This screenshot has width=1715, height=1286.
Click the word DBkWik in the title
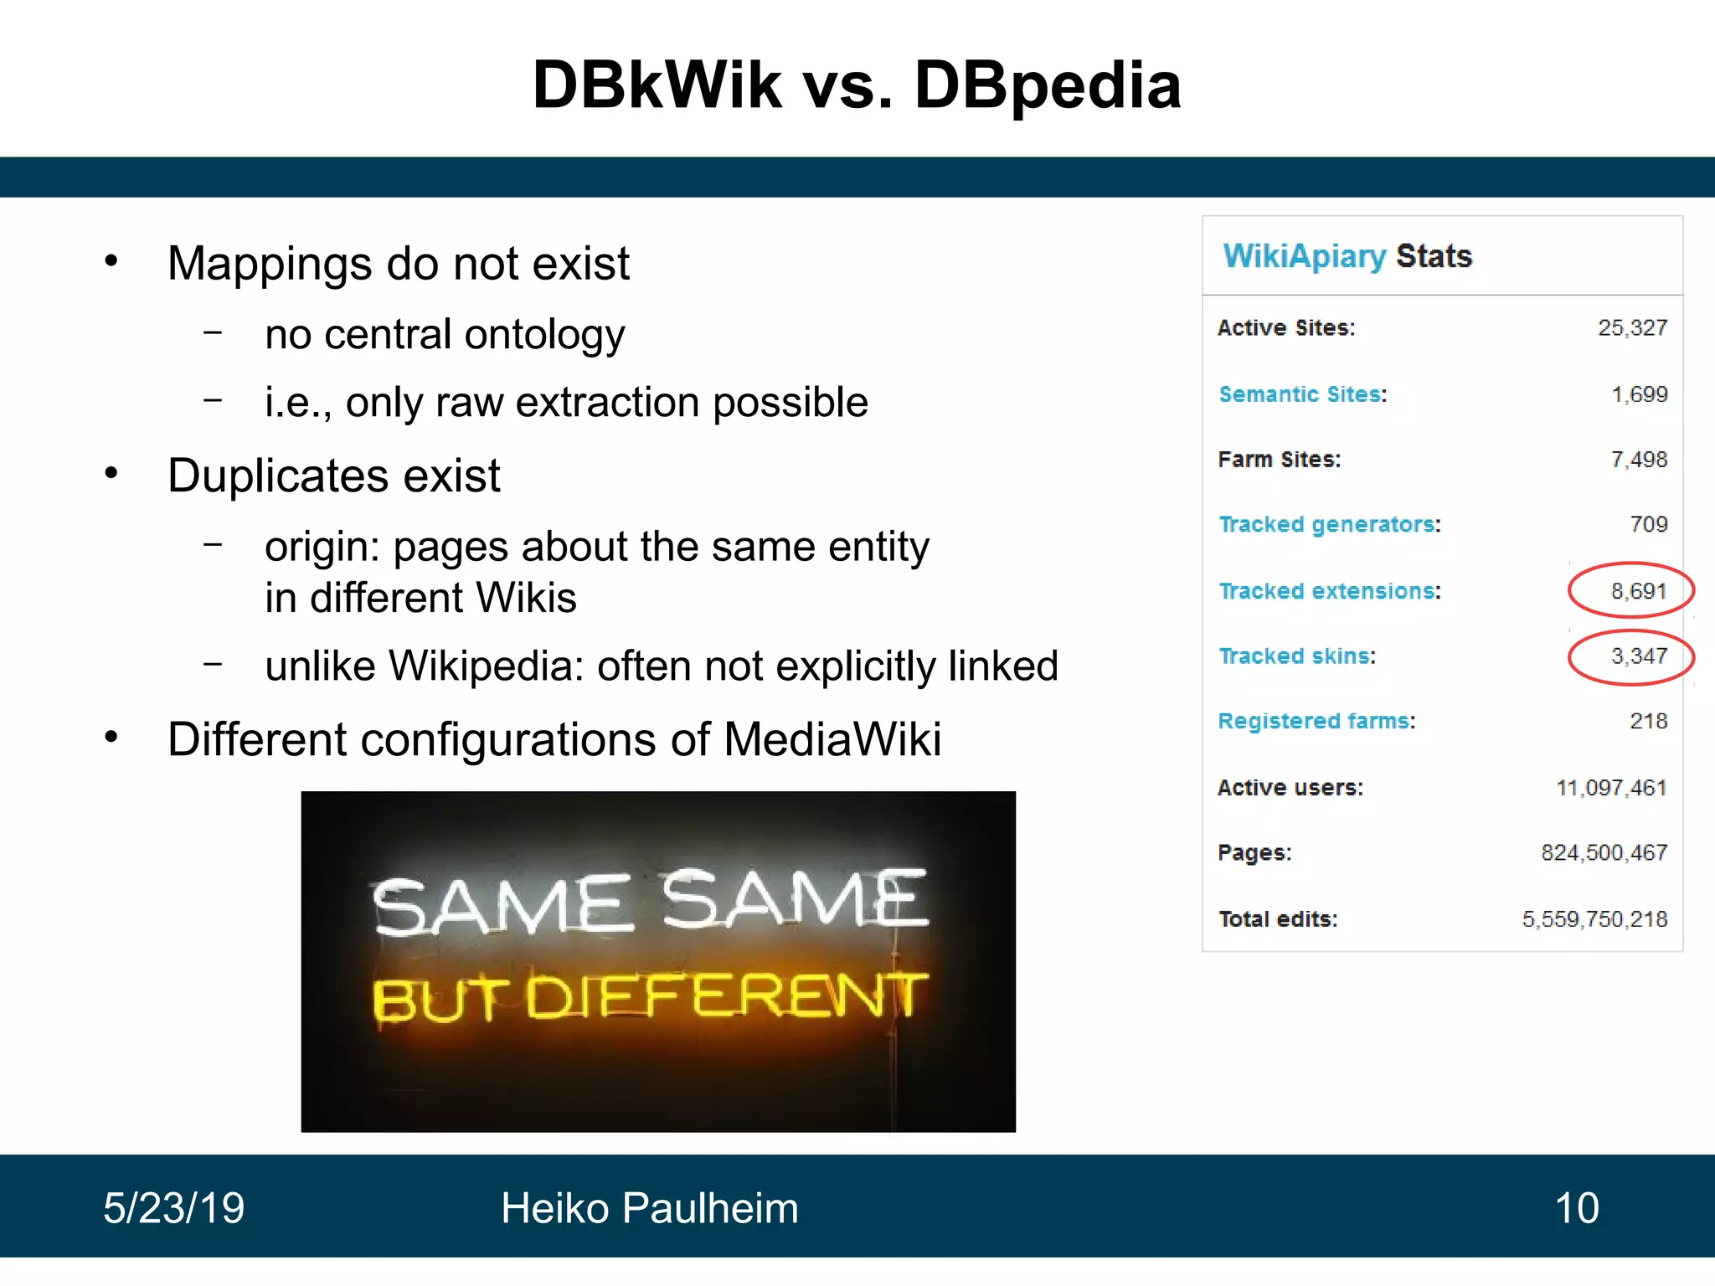[657, 85]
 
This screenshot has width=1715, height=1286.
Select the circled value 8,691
[1638, 591]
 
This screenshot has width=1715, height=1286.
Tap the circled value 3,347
[1638, 656]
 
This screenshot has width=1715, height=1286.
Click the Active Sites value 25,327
[1632, 328]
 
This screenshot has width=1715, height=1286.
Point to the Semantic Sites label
[1300, 394]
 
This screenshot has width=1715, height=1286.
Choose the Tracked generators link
[1327, 525]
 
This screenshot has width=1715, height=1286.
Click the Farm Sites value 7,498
[1639, 460]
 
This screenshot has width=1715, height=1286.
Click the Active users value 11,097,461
[1610, 788]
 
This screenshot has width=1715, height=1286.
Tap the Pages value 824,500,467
[1604, 853]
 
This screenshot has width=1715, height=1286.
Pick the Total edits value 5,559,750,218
[1594, 919]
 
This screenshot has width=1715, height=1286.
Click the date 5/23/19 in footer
[173, 1208]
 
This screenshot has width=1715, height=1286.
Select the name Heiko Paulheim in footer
[649, 1208]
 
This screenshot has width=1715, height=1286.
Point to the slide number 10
[1576, 1208]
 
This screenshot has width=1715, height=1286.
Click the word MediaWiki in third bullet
[832, 740]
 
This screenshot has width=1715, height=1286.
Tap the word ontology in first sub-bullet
[544, 335]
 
